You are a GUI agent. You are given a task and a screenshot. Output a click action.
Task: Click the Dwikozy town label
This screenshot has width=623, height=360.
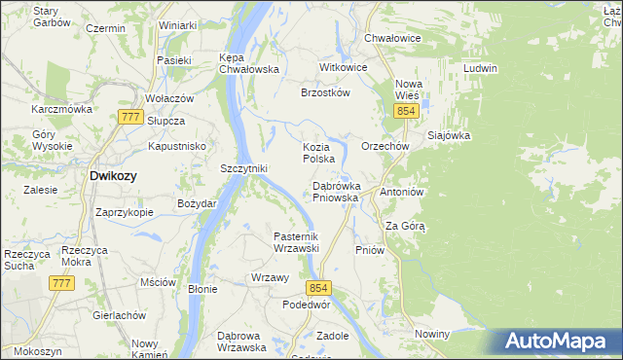pos(113,176)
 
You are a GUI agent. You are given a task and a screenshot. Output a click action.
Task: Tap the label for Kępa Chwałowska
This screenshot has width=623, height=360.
pos(249,63)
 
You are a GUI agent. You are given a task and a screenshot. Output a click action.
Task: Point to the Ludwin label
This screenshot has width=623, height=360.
pos(481,68)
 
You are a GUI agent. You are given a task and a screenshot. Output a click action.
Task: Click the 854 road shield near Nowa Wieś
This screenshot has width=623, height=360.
pos(407,113)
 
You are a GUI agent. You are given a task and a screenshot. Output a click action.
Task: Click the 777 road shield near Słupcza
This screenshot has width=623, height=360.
pos(129,117)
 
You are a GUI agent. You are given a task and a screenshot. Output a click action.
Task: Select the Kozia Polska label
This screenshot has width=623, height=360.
pos(318,152)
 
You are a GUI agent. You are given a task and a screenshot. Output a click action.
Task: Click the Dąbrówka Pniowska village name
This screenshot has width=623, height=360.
pos(336,191)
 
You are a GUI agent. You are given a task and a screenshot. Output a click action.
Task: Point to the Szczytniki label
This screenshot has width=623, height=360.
pos(243,168)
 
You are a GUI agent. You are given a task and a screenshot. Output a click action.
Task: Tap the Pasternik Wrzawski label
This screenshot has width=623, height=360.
pos(296,242)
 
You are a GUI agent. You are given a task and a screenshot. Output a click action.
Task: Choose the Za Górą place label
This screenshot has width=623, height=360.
pos(406,226)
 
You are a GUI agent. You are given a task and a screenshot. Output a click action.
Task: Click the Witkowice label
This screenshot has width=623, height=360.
pos(344,68)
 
